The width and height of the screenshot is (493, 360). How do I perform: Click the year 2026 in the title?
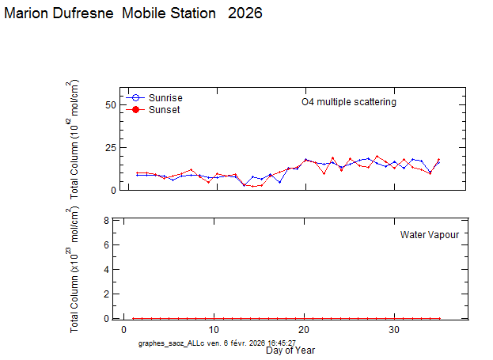(x=244, y=13)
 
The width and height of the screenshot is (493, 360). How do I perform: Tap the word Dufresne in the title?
(x=84, y=13)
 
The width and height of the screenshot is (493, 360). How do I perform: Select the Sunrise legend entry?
(x=164, y=97)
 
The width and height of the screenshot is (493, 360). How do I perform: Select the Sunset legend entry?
(x=164, y=110)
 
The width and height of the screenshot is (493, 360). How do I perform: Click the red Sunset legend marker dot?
(x=135, y=110)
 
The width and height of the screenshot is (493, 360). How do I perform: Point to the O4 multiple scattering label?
(x=349, y=102)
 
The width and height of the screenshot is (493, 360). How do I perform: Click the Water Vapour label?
(x=429, y=235)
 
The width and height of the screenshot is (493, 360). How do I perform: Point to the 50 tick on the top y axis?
(x=111, y=105)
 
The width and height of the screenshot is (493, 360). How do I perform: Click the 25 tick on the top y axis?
(x=111, y=148)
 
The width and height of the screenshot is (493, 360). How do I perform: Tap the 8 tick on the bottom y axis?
(x=108, y=221)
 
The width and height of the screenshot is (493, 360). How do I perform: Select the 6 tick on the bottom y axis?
(x=108, y=245)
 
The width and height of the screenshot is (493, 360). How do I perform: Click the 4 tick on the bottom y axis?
(x=108, y=270)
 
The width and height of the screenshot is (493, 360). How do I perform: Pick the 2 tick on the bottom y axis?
(x=108, y=294)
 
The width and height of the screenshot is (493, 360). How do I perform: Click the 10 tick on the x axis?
(x=214, y=329)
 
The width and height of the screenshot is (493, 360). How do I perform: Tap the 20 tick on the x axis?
(x=304, y=329)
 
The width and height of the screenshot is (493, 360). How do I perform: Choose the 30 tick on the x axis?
(x=394, y=329)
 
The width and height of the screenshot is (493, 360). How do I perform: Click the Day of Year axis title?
(x=290, y=350)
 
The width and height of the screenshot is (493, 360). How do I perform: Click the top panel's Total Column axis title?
(x=75, y=138)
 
